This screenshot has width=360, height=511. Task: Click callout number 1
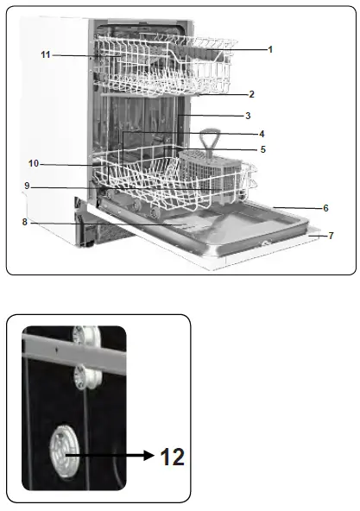[x=270, y=49]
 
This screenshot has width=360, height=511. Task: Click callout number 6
[x=326, y=208]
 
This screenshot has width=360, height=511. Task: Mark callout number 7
[x=332, y=235]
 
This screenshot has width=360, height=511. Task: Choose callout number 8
[x=26, y=223]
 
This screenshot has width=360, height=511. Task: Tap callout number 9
[x=27, y=185]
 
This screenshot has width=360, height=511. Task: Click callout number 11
[x=45, y=55]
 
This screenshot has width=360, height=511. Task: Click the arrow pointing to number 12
[x=112, y=451]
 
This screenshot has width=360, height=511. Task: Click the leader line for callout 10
[x=65, y=163]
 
